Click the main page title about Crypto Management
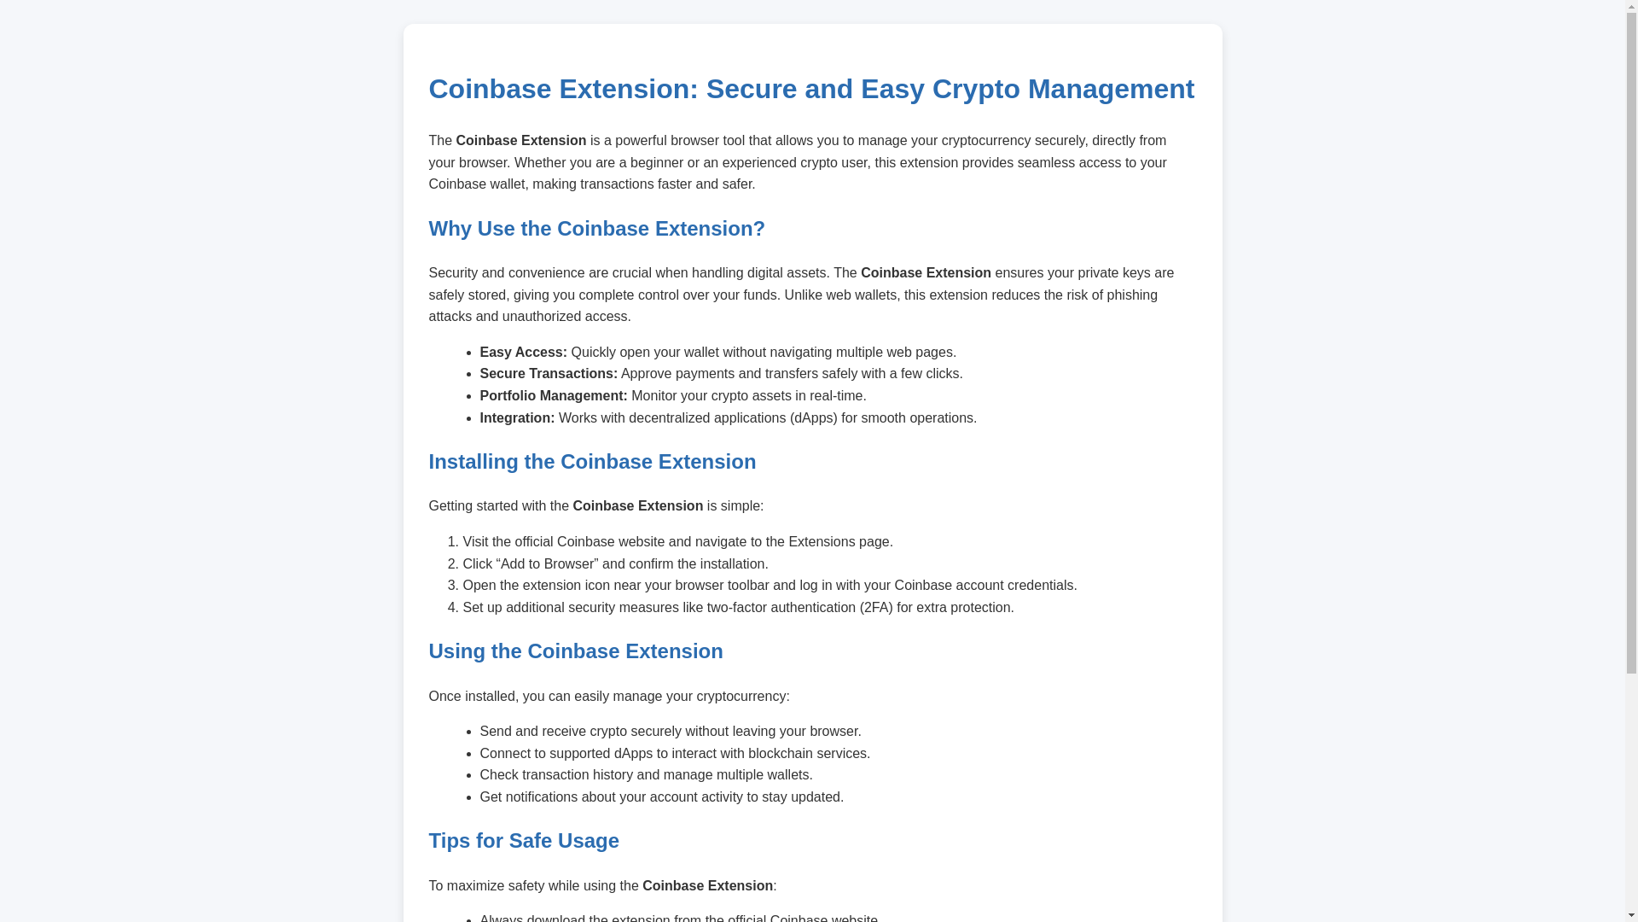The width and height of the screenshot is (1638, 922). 810,89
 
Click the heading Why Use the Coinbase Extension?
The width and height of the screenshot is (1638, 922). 596,229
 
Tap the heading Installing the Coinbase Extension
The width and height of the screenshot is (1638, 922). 591,462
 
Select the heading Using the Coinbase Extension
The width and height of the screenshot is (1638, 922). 575,651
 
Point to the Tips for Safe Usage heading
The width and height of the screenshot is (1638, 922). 523,841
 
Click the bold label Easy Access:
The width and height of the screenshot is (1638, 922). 522,353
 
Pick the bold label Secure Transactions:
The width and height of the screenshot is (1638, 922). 548,374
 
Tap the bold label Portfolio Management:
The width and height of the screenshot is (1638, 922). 553,396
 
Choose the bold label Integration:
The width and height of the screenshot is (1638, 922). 516,418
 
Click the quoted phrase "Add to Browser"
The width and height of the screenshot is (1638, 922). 547,564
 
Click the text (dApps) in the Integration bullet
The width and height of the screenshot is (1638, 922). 813,418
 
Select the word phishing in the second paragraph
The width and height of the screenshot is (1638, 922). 1132,295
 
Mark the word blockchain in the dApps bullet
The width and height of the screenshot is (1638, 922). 780,754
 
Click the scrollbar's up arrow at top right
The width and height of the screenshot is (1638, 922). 1631,7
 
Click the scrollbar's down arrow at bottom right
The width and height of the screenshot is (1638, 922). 1631,915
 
